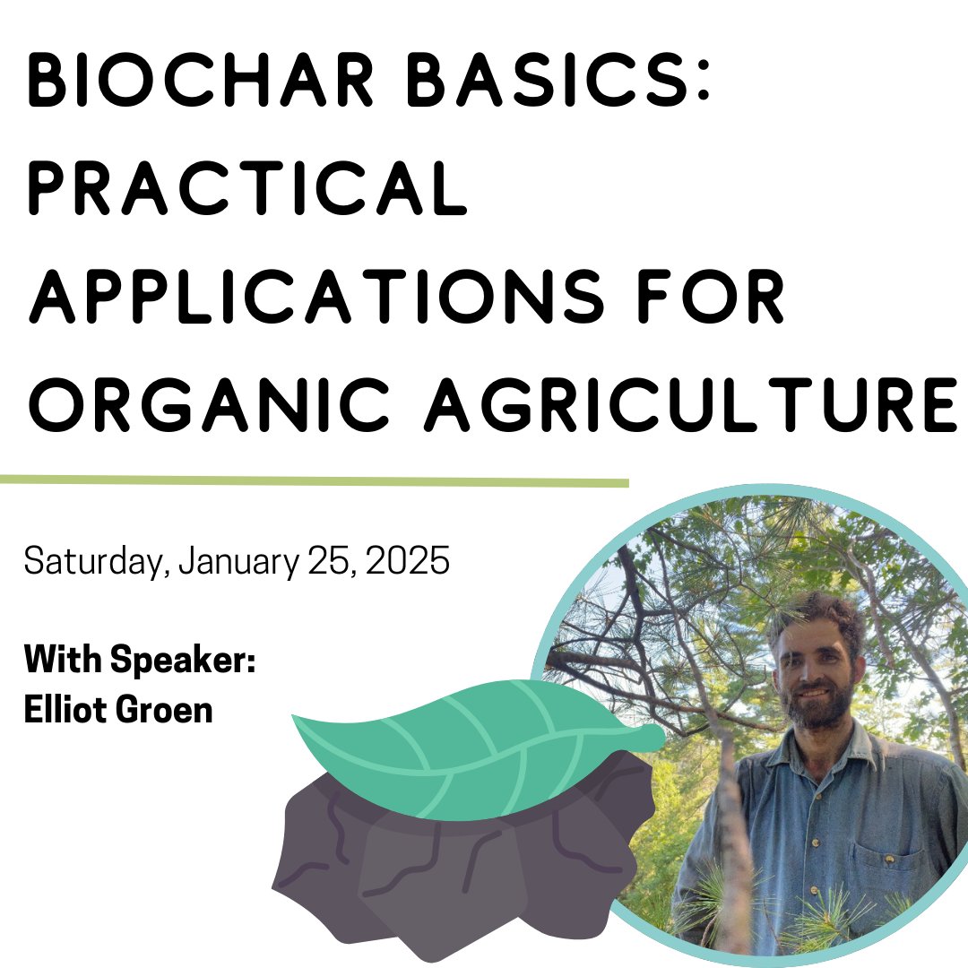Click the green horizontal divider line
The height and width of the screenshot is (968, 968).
tap(314, 481)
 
